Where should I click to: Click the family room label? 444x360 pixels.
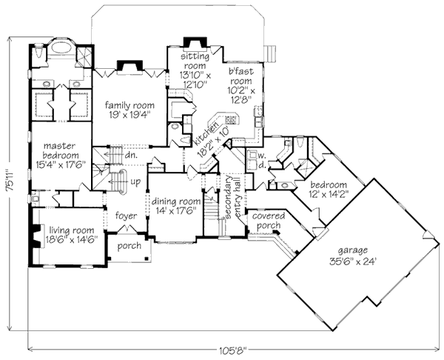129,104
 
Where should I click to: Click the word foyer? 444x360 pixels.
127,217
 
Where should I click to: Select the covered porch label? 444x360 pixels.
269,219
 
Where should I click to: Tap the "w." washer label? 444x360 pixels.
262,154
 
